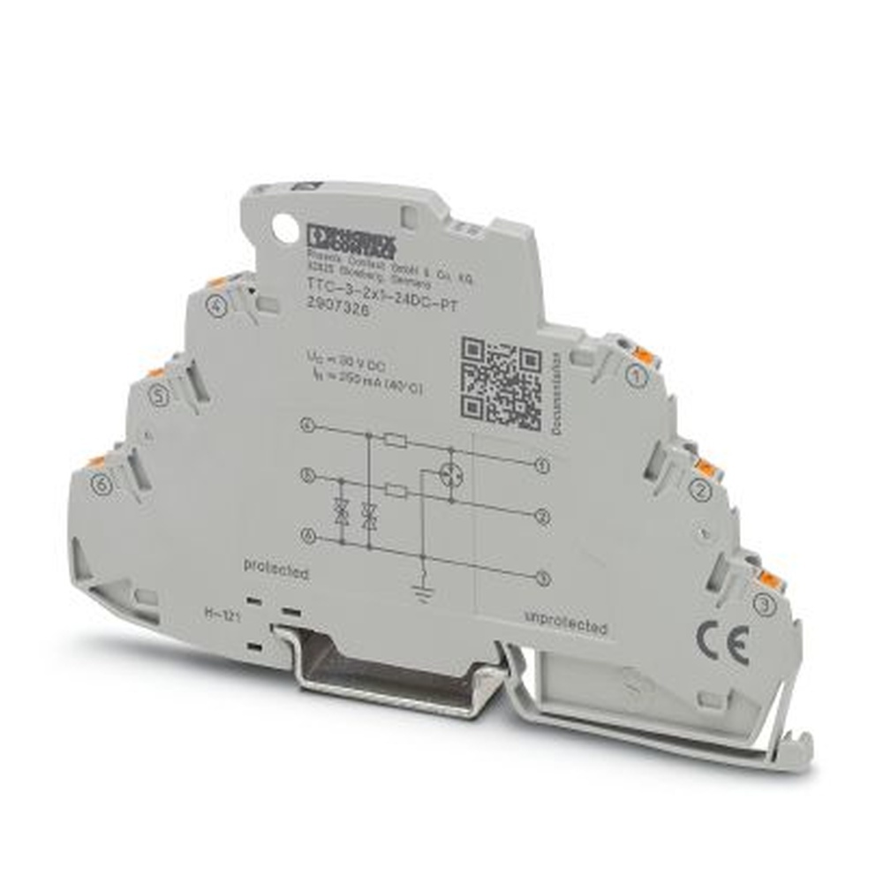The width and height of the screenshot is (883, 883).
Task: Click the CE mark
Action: pyautogui.click(x=725, y=643)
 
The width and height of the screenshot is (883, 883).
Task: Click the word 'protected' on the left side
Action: pyautogui.click(x=275, y=570)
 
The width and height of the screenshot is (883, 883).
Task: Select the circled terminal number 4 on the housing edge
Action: pyautogui.click(x=214, y=306)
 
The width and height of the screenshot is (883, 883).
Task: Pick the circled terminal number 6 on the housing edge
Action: pyautogui.click(x=102, y=482)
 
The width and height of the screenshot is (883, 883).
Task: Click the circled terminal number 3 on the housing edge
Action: pyautogui.click(x=765, y=605)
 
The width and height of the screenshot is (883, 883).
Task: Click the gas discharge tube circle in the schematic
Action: pyautogui.click(x=452, y=474)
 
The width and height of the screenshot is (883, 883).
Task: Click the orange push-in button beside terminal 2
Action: pyautogui.click(x=706, y=465)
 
